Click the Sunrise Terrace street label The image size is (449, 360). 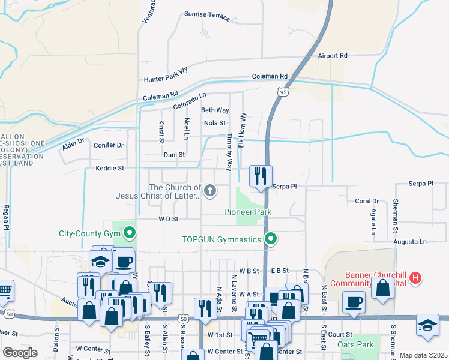coord(207,16)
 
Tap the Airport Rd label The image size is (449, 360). coord(333,55)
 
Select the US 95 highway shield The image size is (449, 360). coord(282,91)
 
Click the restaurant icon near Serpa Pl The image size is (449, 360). coord(260,176)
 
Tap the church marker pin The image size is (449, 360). coord(209,191)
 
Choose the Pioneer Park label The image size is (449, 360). coord(248,212)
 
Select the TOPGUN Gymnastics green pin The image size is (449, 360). coord(271,239)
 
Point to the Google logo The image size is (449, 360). coord(20,353)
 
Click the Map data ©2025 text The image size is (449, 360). coord(423,355)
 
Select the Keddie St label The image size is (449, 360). coord(110,169)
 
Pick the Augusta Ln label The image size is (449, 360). coord(409,242)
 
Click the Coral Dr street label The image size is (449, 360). coord(367,201)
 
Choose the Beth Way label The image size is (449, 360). coord(215,110)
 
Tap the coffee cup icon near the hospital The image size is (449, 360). coord(354,301)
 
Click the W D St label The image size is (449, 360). coord(169,219)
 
